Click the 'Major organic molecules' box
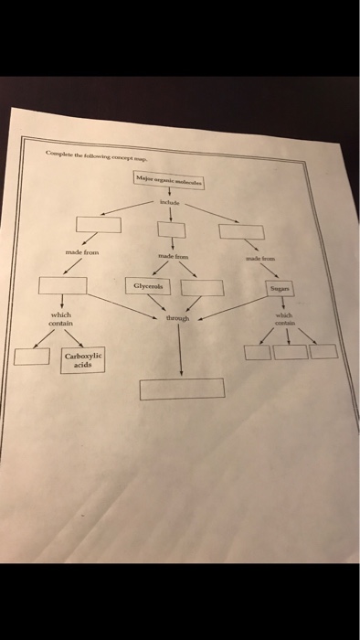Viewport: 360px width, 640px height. click(169, 181)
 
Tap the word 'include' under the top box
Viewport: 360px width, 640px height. click(171, 201)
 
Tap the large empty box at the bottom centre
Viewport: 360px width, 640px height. click(181, 389)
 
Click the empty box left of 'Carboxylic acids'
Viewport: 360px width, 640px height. click(31, 356)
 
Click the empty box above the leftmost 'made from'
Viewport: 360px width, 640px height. click(97, 224)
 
